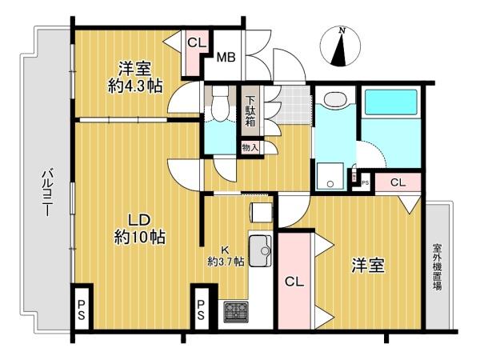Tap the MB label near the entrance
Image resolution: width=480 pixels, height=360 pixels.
coord(226,57)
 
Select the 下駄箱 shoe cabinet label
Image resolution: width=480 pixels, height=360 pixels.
coord(250,111)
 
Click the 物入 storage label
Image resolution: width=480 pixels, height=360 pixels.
coord(250,148)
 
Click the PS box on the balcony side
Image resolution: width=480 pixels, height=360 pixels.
coord(82,307)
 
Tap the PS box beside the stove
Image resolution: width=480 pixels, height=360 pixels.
coord(203,309)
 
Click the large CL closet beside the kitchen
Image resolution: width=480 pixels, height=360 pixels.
coord(294,282)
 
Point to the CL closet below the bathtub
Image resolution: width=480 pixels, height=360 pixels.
coord(398,182)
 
